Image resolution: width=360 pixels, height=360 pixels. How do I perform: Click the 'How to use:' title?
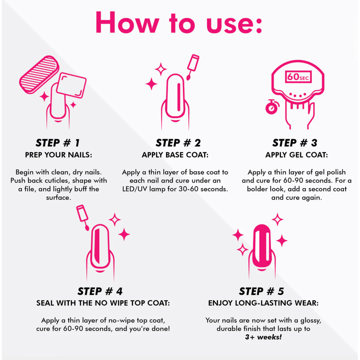pyautogui.click(x=179, y=23)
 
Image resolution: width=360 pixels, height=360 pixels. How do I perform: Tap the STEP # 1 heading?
pyautogui.click(x=58, y=143)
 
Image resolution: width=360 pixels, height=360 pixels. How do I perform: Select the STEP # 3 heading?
pyautogui.click(x=295, y=143)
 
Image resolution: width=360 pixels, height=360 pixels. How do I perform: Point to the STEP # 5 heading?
pyautogui.click(x=261, y=291)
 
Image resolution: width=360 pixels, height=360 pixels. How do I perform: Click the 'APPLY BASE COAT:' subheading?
pyautogui.click(x=175, y=155)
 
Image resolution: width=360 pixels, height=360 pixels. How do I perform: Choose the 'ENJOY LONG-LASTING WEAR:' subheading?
pyautogui.click(x=264, y=303)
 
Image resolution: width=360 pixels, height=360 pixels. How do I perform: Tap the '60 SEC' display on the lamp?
pyautogui.click(x=298, y=77)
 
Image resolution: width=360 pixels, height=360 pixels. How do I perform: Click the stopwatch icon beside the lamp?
pyautogui.click(x=272, y=107)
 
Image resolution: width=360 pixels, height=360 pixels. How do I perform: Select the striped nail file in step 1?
pyautogui.click(x=39, y=75)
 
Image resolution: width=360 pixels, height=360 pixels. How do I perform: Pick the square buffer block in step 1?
pyautogui.click(x=71, y=85)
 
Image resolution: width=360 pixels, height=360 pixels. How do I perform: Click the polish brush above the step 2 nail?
pyautogui.click(x=193, y=67)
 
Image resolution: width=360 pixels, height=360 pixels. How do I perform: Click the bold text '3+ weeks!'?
pyautogui.click(x=264, y=337)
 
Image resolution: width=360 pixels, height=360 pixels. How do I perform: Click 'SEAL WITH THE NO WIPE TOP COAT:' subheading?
pyautogui.click(x=103, y=303)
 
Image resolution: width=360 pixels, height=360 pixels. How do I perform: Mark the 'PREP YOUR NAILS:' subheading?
pyautogui.click(x=59, y=155)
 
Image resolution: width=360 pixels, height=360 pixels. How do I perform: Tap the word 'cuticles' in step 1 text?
pyautogui.click(x=54, y=181)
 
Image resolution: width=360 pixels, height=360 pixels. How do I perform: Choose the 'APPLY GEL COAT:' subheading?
pyautogui.click(x=297, y=155)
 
